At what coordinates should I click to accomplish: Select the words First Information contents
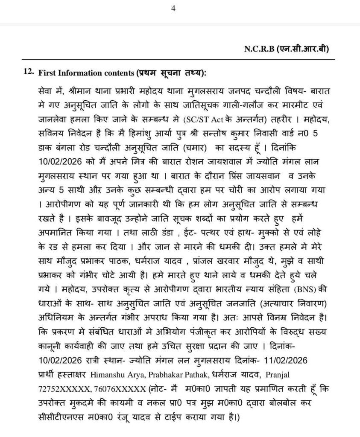[86, 73]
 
